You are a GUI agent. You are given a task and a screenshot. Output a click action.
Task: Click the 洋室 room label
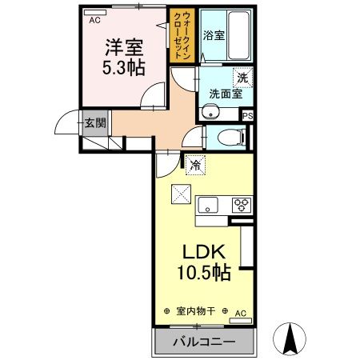point(122,47)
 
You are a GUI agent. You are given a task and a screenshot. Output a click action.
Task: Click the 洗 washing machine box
point(242,78)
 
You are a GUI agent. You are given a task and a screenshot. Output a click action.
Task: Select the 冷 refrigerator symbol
point(196,166)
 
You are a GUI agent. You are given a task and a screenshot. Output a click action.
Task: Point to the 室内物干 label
point(196,311)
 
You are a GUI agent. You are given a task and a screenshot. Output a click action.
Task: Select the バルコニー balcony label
point(203,342)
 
